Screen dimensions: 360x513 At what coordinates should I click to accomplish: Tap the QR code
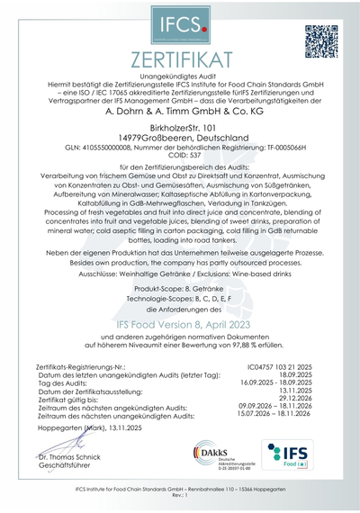pos(319,40)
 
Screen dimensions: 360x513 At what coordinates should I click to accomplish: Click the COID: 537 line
pos(180,154)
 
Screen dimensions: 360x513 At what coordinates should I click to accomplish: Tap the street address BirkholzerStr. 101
pos(180,128)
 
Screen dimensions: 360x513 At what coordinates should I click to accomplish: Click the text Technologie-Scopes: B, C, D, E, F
pos(180,293)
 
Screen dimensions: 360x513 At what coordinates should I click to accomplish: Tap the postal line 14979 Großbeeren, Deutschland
pos(180,137)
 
